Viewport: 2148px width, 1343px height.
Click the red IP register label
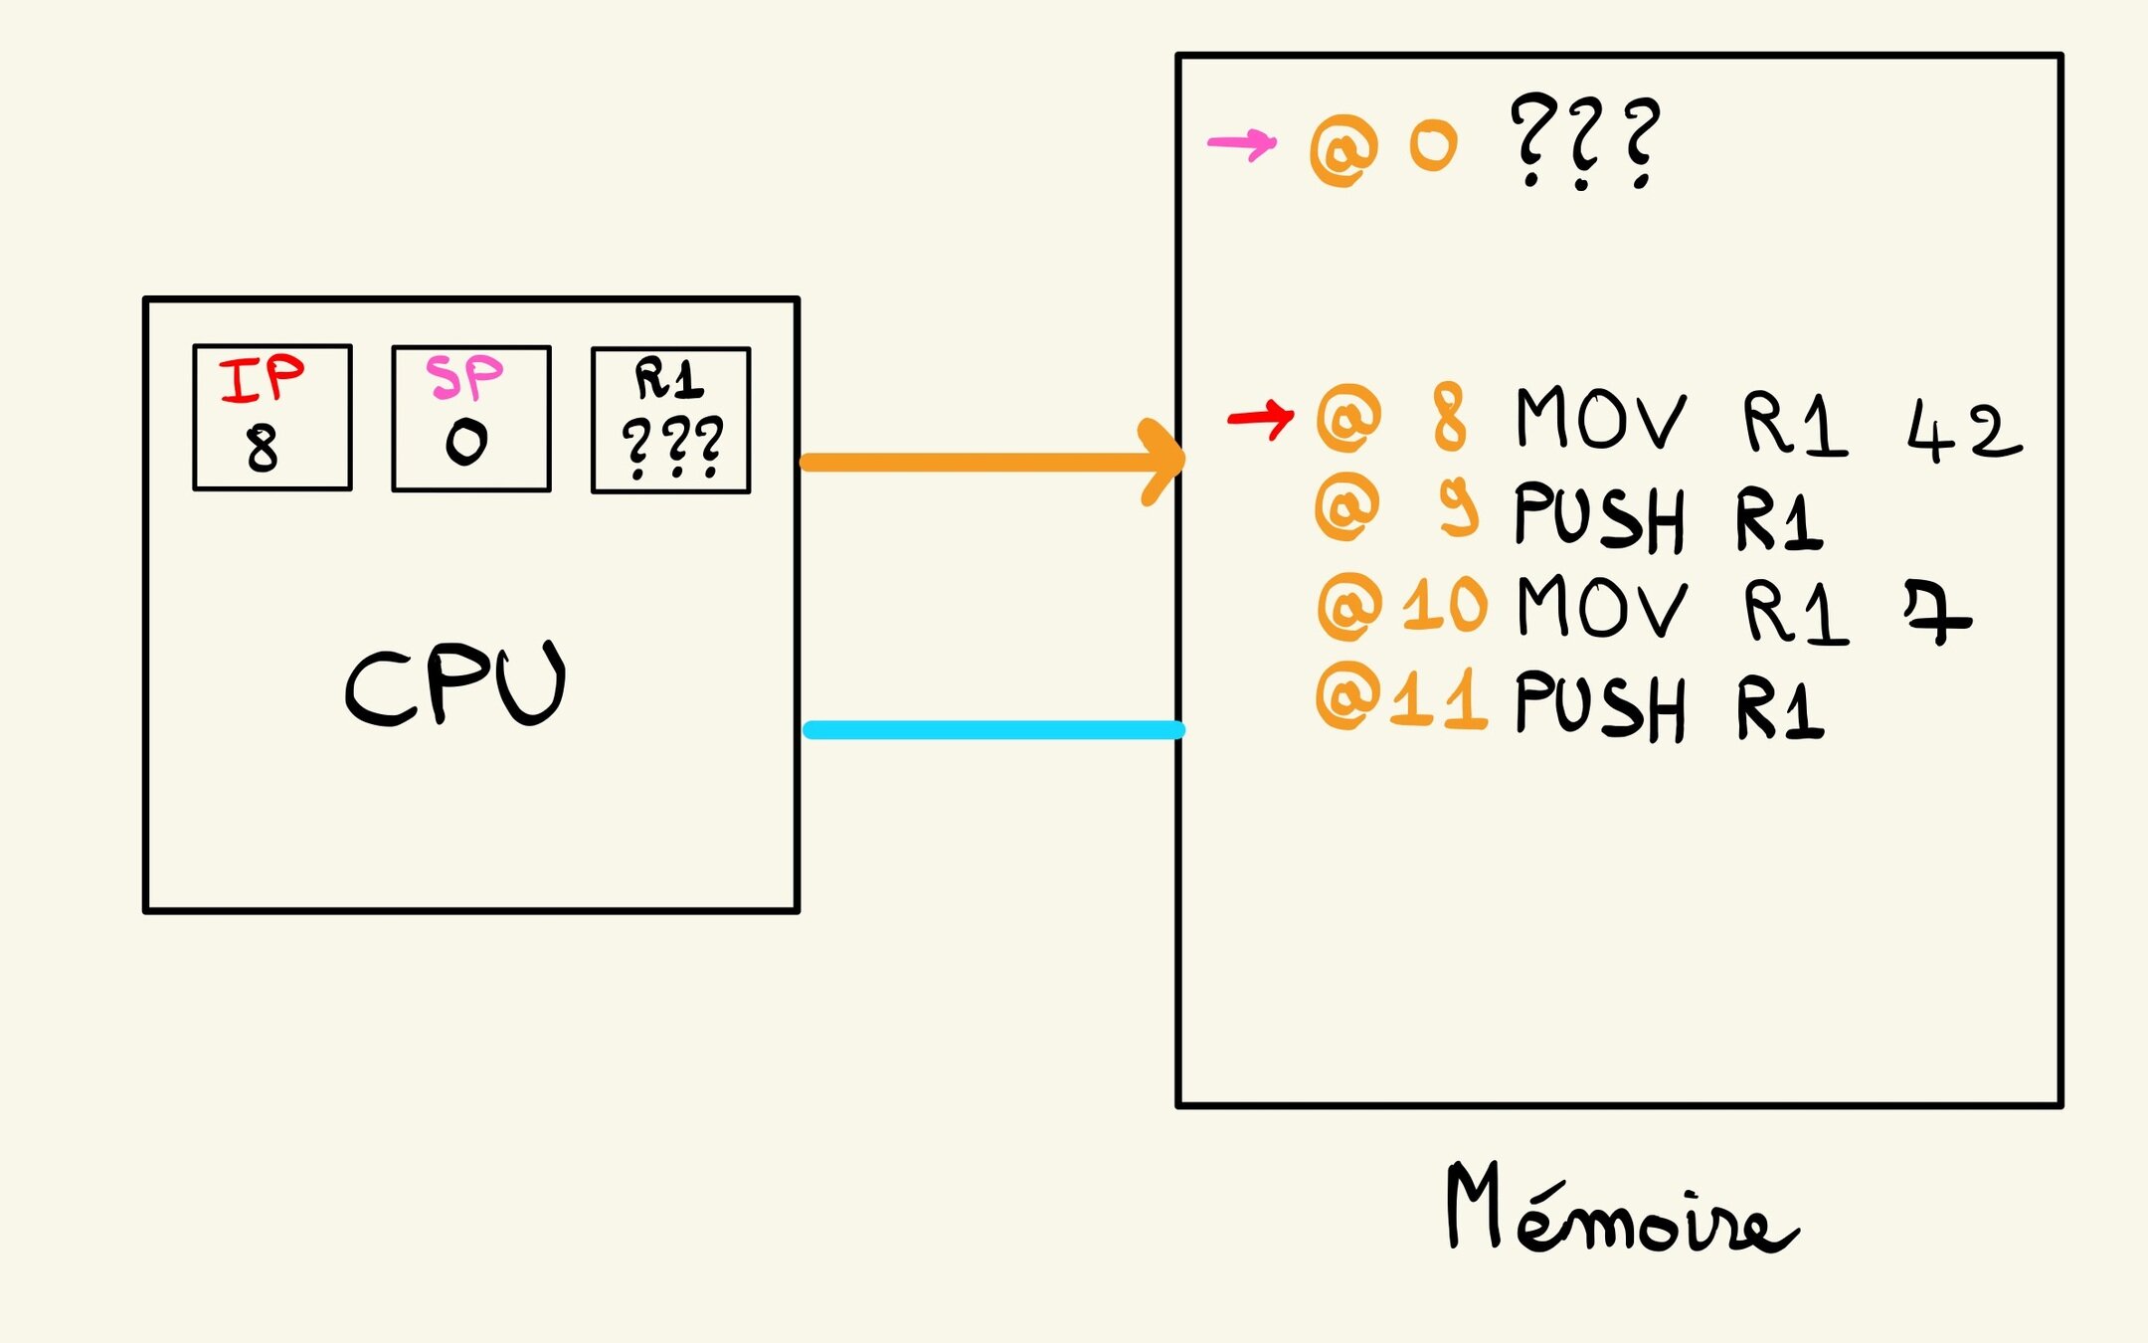click(262, 378)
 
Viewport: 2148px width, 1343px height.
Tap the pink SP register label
click(464, 377)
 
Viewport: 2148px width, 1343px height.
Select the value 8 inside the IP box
click(262, 447)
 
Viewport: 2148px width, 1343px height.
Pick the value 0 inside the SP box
click(466, 442)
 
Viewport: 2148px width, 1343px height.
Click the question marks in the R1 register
click(672, 447)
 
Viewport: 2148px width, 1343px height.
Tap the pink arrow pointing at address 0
click(1242, 144)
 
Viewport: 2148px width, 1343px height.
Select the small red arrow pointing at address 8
click(1261, 417)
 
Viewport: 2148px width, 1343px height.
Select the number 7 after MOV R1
click(1936, 613)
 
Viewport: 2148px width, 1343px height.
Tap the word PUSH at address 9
click(1599, 516)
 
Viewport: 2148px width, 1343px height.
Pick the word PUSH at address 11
click(1599, 705)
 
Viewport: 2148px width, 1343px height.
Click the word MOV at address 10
click(1601, 607)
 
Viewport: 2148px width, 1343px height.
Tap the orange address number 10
click(1445, 604)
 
